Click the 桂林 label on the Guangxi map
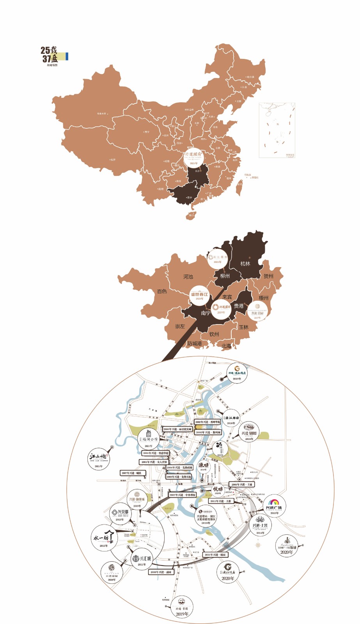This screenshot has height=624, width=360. pos(245,264)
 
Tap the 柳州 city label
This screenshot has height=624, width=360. pos(225,276)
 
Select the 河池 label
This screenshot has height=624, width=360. pos(188,277)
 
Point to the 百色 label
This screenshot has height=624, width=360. pos(162,291)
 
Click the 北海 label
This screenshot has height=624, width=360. pos(226,346)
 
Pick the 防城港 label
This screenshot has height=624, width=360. pos(194,344)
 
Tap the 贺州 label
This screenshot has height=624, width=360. pos(268,276)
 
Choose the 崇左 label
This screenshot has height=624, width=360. pos(180,326)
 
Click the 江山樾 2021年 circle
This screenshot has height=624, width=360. pos(99,459)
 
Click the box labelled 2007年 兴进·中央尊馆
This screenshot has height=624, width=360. pos(183,495)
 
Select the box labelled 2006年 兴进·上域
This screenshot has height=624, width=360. pos(241,484)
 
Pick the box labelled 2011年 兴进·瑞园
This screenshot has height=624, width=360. pos(215,555)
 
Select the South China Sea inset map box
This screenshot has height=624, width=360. pos(277,130)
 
